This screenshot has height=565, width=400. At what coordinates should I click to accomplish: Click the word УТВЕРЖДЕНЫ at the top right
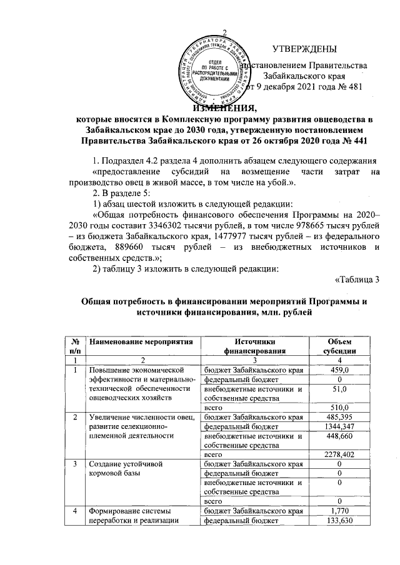[x=304, y=49]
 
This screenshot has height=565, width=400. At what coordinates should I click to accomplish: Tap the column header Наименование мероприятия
[x=139, y=341]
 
